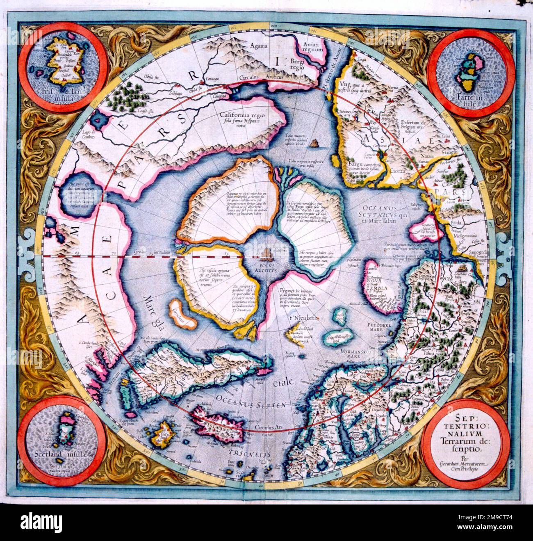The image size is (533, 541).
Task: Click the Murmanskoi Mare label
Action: tap(355, 354)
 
